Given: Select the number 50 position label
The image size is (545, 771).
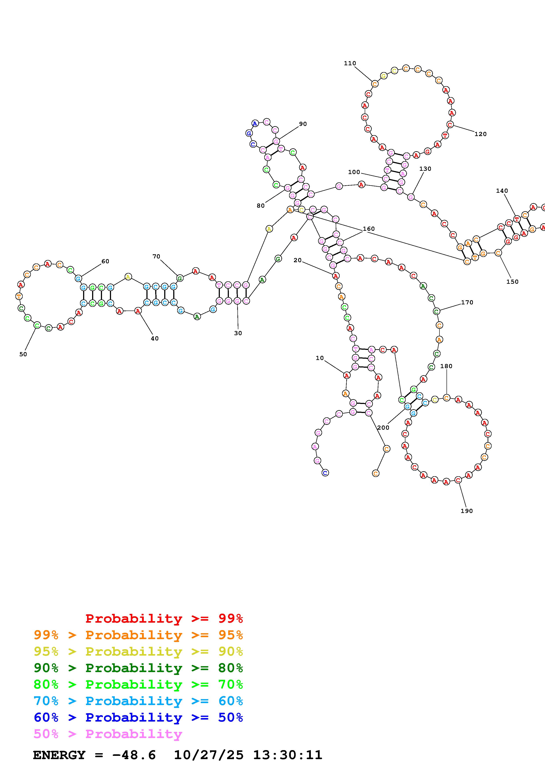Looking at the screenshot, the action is click(x=23, y=354).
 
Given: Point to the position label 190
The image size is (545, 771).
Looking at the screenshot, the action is click(x=467, y=511).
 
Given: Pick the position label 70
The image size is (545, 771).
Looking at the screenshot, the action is click(x=156, y=256).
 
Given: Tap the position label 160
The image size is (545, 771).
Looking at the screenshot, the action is click(x=368, y=229).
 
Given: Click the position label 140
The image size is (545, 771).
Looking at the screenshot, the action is click(x=502, y=191).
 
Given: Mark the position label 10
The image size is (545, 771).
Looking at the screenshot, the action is click(x=319, y=358).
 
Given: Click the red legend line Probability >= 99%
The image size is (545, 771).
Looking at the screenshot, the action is click(x=164, y=618).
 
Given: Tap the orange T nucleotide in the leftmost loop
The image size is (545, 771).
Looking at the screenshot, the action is click(x=19, y=296).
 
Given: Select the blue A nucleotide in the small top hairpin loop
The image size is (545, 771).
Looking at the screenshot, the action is click(x=255, y=124).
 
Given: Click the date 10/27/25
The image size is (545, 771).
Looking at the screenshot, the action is click(x=208, y=755).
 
